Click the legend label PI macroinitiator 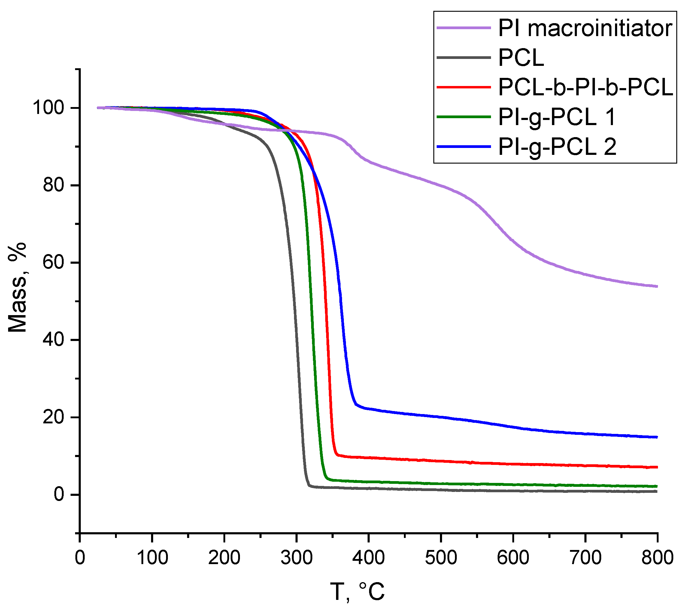click(585, 28)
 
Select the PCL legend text click(521, 58)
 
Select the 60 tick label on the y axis click(53, 263)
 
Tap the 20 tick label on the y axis click(53, 417)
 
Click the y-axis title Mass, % click(17, 287)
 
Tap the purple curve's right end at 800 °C click(656, 286)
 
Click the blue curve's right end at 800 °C click(656, 437)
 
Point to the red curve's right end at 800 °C click(656, 467)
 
